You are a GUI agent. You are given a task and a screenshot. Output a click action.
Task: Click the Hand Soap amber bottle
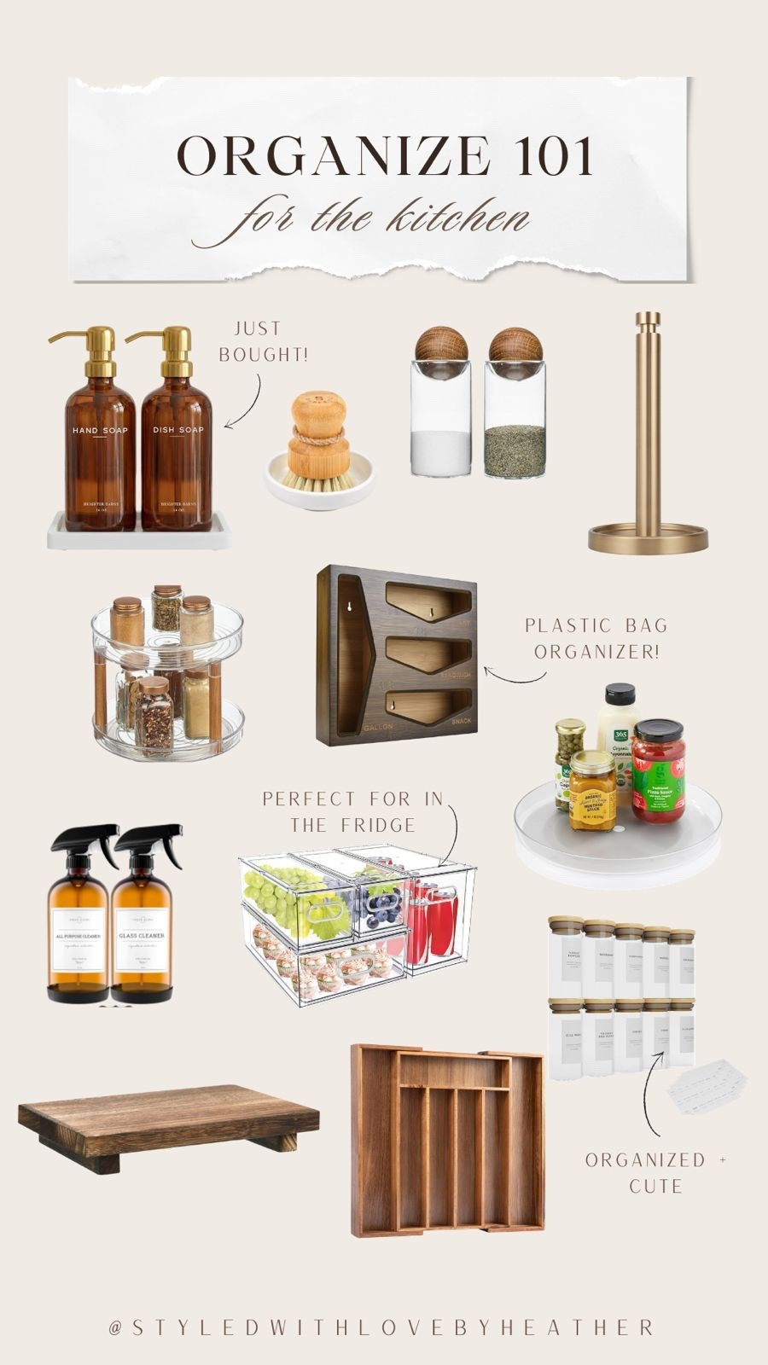(100, 452)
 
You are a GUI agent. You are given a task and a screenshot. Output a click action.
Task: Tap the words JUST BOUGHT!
(263, 341)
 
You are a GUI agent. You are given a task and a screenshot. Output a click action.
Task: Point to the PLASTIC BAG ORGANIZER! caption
(595, 638)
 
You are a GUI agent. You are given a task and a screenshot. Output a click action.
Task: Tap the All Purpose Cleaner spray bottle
(79, 930)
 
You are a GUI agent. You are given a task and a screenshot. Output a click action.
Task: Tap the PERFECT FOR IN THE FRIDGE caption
(352, 811)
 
